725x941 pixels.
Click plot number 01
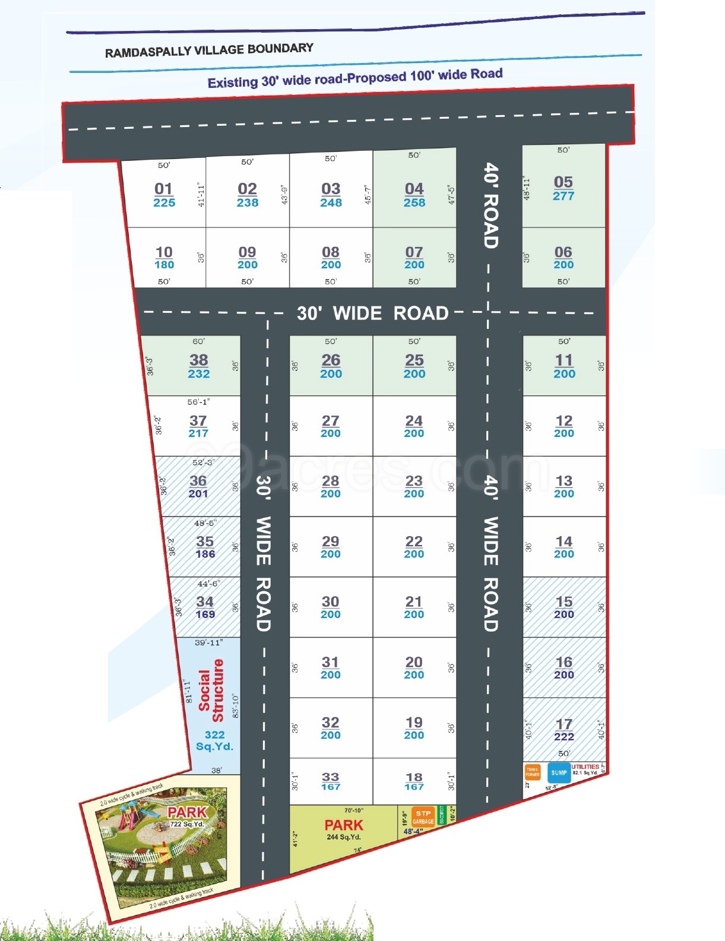(x=163, y=189)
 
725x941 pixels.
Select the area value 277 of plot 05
(x=563, y=197)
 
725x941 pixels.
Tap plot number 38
(x=198, y=360)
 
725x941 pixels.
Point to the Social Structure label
(x=211, y=690)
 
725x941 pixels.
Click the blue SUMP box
(x=559, y=773)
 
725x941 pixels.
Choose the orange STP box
(x=423, y=814)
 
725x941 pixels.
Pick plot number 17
(x=564, y=724)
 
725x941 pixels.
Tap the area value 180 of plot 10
(x=164, y=265)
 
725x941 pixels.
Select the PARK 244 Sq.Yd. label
(x=343, y=829)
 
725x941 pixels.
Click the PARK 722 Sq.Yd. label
(x=187, y=816)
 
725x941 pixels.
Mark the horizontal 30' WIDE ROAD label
(x=372, y=313)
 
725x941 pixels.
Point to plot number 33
(x=331, y=777)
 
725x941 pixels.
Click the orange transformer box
(x=533, y=772)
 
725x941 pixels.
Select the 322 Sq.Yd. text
(x=214, y=740)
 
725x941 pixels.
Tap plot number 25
(x=414, y=360)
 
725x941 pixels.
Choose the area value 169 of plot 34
(x=205, y=614)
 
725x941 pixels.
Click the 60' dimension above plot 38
(x=198, y=341)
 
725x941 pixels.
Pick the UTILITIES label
(x=585, y=766)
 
